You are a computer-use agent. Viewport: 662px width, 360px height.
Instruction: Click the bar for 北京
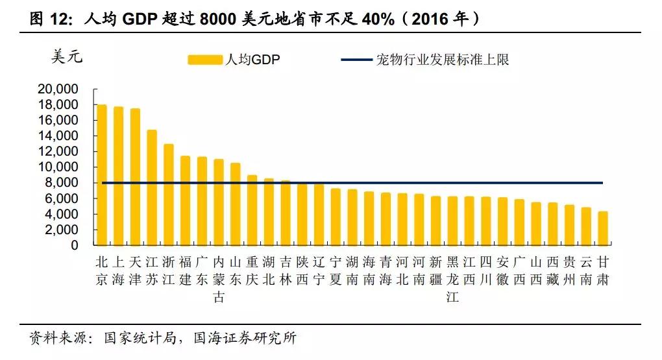tap(101, 174)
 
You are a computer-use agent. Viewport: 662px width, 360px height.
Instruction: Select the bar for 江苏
tap(151, 187)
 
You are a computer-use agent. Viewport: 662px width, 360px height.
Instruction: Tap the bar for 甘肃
tap(603, 228)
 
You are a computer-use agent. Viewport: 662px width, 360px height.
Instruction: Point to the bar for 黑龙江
tap(452, 221)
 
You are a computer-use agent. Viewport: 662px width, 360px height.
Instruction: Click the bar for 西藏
tap(552, 224)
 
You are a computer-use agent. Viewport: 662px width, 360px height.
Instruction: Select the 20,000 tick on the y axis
tap(58, 89)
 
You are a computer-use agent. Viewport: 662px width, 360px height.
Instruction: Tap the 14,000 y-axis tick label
tap(58, 136)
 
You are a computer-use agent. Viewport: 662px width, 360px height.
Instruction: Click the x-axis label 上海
tap(118, 270)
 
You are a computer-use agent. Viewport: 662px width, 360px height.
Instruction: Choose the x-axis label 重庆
tap(252, 270)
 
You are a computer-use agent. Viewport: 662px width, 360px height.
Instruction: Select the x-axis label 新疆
tap(435, 270)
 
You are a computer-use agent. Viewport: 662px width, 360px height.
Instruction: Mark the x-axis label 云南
tap(586, 270)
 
